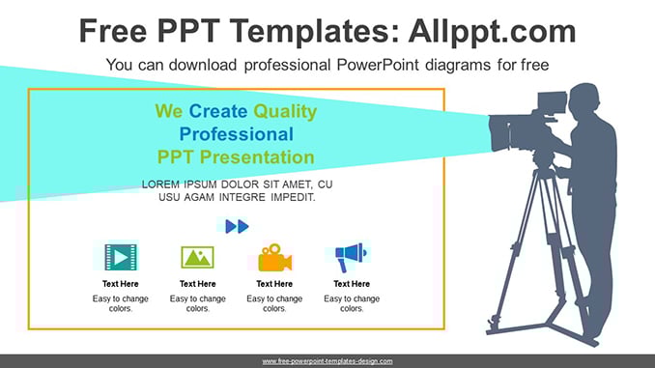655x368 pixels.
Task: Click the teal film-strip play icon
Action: tap(121, 257)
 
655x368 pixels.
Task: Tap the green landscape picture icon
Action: tap(198, 257)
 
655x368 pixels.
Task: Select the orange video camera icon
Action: tap(274, 257)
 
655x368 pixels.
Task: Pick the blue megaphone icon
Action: tap(351, 257)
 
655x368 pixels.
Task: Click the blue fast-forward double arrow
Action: tap(237, 226)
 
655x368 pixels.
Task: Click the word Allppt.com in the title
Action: tap(492, 32)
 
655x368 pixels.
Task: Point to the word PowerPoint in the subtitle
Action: tap(378, 65)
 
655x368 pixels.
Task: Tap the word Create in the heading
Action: tap(218, 111)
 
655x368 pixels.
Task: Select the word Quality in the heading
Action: tap(285, 111)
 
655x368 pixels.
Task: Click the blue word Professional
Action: tap(237, 134)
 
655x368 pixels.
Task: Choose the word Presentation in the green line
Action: tap(257, 157)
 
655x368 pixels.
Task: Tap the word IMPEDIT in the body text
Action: tap(293, 197)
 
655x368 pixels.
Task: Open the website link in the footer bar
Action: tap(327, 361)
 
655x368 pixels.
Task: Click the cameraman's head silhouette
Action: tap(584, 99)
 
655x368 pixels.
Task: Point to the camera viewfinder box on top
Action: tap(552, 102)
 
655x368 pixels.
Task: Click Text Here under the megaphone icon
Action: tap(352, 284)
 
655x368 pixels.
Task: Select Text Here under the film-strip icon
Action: tap(121, 284)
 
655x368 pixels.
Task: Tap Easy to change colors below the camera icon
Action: tap(274, 303)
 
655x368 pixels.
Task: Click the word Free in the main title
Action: tap(113, 31)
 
